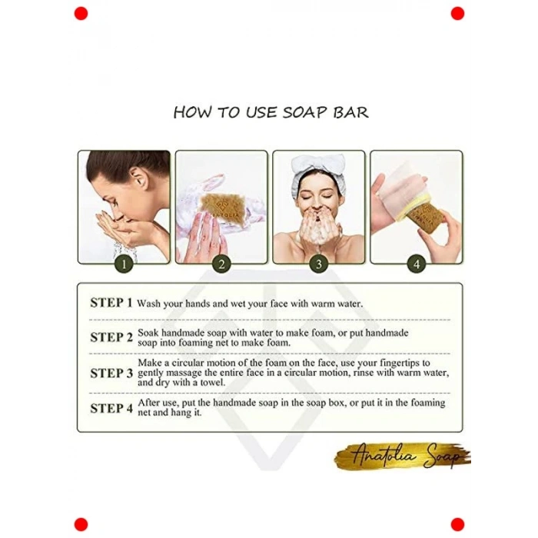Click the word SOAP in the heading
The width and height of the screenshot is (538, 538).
(304, 112)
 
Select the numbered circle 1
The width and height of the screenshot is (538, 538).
(124, 264)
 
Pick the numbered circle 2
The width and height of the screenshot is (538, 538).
(221, 264)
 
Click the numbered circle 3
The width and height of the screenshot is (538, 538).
(319, 264)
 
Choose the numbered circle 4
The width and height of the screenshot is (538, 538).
(417, 264)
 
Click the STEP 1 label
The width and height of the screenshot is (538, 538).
(111, 303)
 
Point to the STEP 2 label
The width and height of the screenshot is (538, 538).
(111, 337)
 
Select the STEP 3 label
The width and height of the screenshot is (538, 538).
(111, 373)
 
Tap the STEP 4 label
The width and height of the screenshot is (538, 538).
(111, 408)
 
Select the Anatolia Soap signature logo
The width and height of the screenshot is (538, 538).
(403, 457)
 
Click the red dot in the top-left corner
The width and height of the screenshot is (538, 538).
(81, 13)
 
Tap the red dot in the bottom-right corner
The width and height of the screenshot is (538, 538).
(457, 525)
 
